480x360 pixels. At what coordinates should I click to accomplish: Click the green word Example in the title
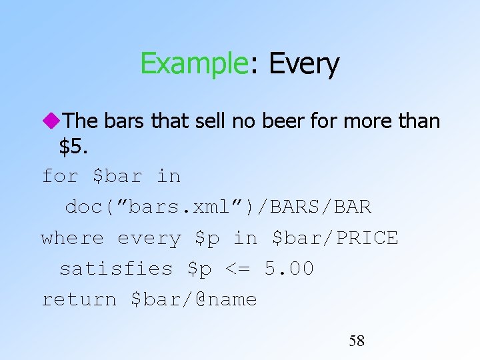click(193, 64)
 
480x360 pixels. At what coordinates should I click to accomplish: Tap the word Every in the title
click(303, 64)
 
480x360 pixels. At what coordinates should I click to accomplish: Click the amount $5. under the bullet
click(73, 147)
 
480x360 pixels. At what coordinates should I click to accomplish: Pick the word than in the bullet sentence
click(418, 121)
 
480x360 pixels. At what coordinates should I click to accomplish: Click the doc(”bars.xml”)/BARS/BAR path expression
click(218, 207)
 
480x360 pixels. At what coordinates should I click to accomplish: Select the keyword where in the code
click(72, 238)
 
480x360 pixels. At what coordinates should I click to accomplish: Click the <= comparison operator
click(239, 269)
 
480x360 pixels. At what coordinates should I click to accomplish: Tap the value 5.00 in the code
click(289, 269)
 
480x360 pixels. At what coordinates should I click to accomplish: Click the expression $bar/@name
click(193, 299)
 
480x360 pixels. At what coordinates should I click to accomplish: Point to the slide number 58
click(357, 341)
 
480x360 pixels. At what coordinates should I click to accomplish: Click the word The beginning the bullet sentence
click(81, 121)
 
